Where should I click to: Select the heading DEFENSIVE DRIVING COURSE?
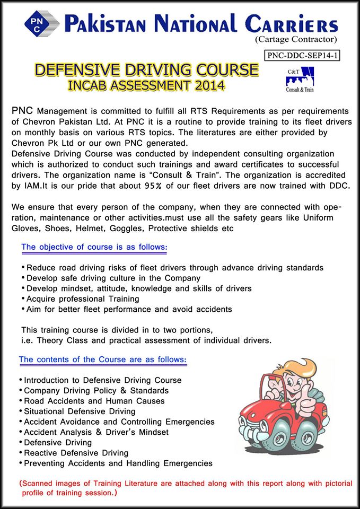pos(146,70)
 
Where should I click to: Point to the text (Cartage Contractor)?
pos(296,39)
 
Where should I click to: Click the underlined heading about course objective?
pos(94,247)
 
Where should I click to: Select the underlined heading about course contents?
pos(103,359)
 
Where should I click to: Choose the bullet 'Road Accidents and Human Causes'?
pos(94,401)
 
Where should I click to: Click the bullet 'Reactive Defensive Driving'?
pos(76,453)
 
